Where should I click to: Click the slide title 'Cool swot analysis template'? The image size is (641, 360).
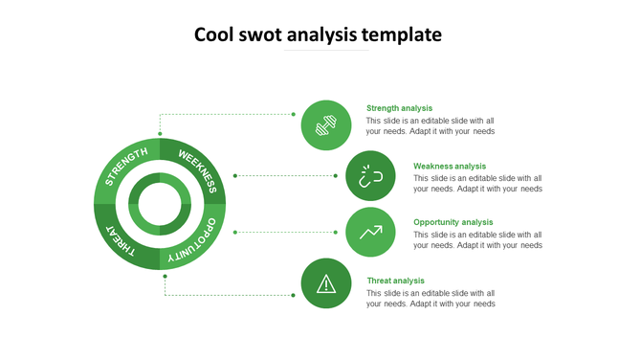(x=318, y=35)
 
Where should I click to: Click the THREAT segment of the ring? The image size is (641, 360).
(x=123, y=240)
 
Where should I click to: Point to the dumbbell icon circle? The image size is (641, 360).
(x=326, y=125)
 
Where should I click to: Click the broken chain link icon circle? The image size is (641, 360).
(x=370, y=176)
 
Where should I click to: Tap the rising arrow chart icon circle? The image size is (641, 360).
(x=370, y=232)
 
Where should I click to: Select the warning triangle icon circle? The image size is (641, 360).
(x=326, y=283)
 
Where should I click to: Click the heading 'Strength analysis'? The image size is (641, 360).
(x=399, y=108)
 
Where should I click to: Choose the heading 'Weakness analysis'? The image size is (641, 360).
(x=450, y=166)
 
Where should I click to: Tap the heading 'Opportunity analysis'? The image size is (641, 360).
(x=453, y=222)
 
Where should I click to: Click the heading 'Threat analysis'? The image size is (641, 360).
(x=395, y=281)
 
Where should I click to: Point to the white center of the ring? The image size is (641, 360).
(x=160, y=204)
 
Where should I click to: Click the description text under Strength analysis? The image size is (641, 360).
(x=431, y=126)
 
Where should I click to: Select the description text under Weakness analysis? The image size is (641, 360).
(x=477, y=183)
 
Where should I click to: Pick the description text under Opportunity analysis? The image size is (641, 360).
(x=477, y=239)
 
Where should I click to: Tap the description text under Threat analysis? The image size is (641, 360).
(x=431, y=299)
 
